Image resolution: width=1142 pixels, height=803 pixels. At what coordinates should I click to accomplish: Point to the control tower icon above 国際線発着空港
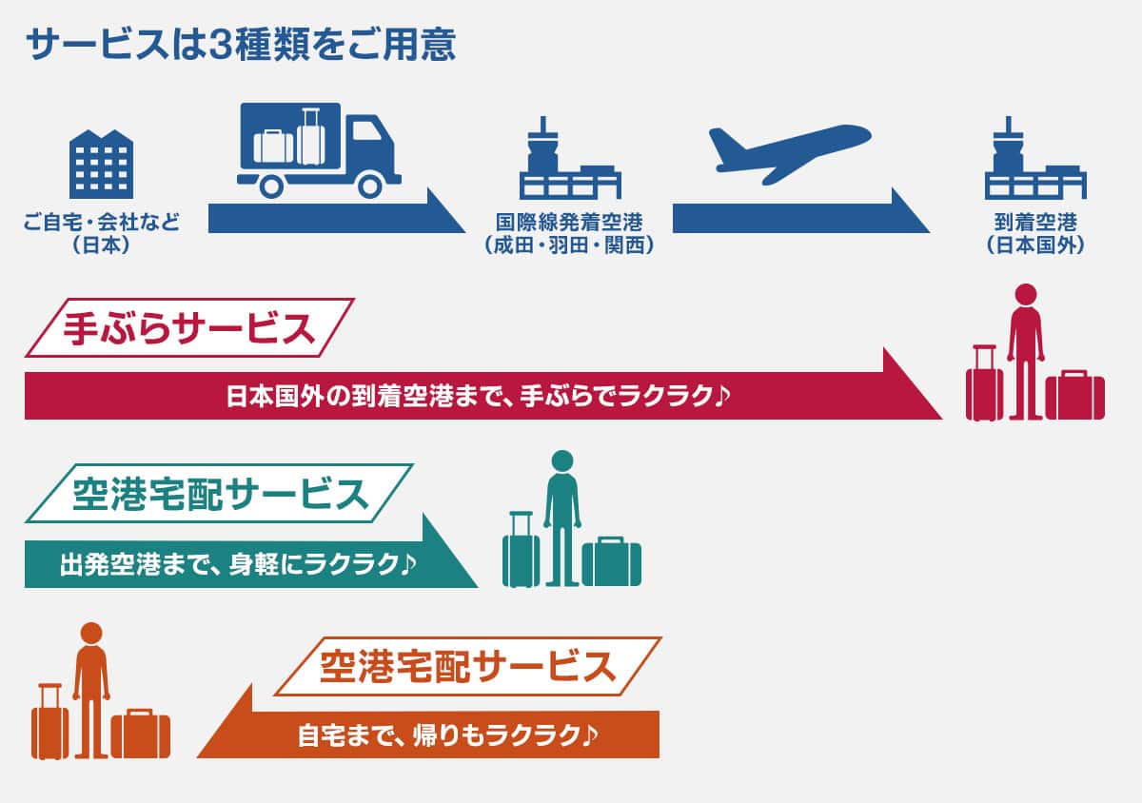tap(568, 160)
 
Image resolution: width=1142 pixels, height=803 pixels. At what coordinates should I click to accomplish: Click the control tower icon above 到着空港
tap(1034, 160)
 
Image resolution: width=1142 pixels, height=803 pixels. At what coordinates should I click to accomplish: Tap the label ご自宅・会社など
tap(101, 224)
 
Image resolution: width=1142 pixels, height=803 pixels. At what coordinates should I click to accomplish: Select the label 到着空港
tap(1034, 224)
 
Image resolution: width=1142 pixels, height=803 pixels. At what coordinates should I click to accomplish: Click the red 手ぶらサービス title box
tap(188, 328)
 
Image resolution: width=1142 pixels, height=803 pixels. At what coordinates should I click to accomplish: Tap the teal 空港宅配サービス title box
tap(219, 494)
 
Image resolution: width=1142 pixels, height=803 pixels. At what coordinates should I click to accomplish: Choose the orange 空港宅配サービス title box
tap(467, 666)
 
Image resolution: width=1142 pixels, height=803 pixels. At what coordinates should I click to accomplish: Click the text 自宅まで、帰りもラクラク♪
tap(447, 734)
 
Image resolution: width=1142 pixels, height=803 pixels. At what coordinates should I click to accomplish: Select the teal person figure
tap(561, 514)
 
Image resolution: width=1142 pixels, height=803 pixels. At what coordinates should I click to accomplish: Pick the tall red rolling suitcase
tap(984, 385)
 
